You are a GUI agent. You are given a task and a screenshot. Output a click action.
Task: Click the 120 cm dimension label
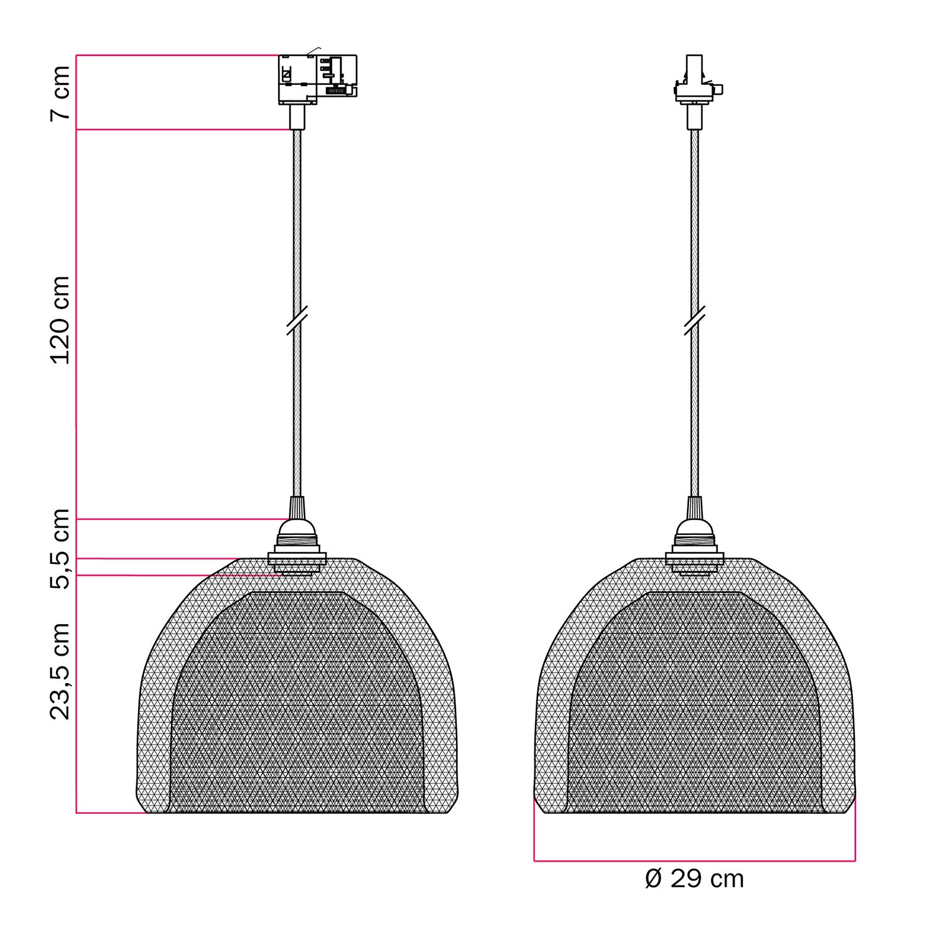point(61,320)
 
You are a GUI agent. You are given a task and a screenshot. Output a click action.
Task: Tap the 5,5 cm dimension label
point(61,548)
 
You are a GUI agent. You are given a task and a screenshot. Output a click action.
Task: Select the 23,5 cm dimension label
point(61,671)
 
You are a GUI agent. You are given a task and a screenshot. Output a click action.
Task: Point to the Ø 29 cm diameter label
point(694,878)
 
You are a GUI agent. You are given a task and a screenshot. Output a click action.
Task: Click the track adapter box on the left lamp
point(317,78)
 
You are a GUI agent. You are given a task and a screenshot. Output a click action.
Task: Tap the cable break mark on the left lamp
point(296,320)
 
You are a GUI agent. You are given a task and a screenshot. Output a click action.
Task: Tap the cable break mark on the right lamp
point(694,320)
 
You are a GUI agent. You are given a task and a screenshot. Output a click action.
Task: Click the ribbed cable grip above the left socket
point(297,506)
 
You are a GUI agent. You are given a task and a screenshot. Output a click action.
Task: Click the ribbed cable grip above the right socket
point(694,506)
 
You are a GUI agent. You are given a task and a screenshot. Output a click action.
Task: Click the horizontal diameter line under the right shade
point(694,860)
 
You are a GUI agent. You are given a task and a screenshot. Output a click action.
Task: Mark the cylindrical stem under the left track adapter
point(296,117)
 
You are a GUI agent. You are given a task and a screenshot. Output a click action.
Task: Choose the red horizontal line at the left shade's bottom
point(110,813)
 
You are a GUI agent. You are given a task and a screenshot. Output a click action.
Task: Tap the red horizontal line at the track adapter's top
point(176,55)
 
